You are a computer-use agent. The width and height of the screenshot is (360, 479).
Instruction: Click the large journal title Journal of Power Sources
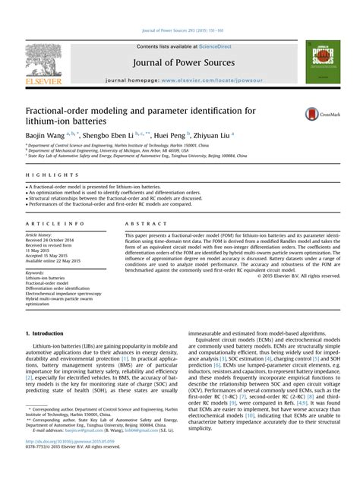coord(178,64)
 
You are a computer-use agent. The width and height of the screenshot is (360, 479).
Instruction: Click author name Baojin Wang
coord(47,134)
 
